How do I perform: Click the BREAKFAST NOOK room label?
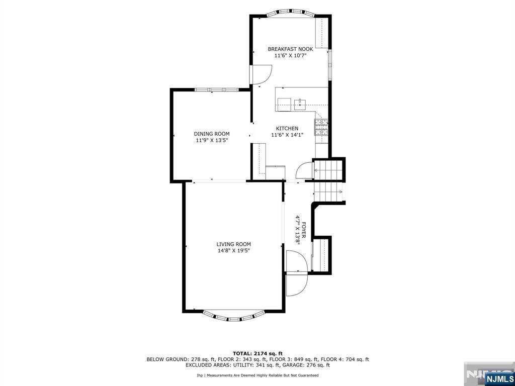pos(290,49)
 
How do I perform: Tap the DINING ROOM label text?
pos(212,134)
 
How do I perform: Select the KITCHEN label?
pos(287,129)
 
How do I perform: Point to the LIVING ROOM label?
pos(233,244)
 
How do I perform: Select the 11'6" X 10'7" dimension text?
pos(290,56)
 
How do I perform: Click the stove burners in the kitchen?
pos(321,127)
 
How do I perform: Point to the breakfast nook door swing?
pos(261,75)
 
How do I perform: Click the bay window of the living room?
pos(233,316)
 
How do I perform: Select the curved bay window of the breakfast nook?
pos(290,13)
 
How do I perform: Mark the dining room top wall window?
pos(216,89)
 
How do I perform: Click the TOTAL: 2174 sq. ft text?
pos(257,353)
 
